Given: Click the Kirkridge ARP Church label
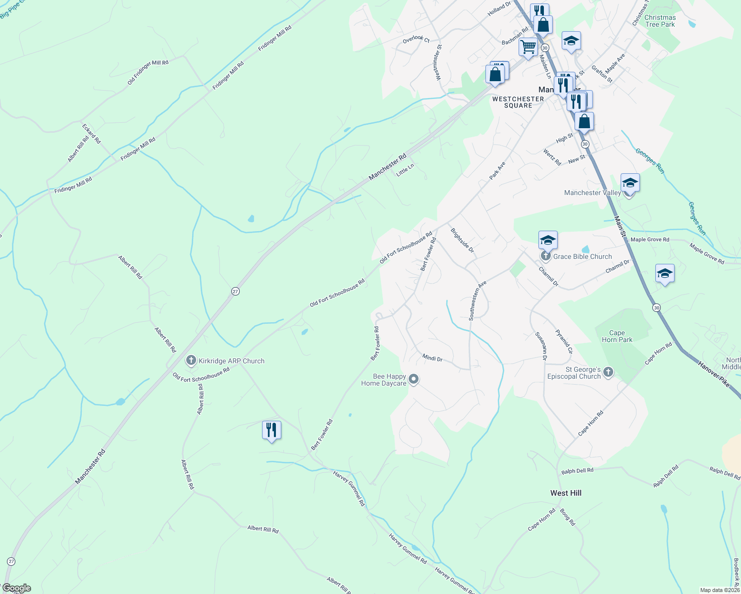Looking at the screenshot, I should (231, 361).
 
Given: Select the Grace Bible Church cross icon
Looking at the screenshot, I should (545, 256).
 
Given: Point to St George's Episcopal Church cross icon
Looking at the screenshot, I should (609, 372).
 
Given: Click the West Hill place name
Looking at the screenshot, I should (566, 493).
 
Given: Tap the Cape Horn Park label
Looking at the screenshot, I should (617, 337).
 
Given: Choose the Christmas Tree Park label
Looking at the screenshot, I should (660, 21).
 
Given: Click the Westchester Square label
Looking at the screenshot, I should (518, 102).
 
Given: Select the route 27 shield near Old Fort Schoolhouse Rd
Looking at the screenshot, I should (235, 292).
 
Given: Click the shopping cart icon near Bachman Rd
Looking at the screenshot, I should (529, 47).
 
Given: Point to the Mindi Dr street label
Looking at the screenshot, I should (432, 357).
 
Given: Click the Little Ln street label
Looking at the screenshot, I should (405, 169).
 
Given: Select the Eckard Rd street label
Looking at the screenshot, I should (91, 134).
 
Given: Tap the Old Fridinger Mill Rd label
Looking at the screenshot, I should (148, 72).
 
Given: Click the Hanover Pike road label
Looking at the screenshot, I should (714, 374).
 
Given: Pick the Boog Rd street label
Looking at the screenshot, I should (568, 517).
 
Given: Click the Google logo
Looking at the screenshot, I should (16, 588).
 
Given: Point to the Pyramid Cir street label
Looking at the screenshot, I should (564, 342).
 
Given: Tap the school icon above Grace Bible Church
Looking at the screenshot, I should (548, 240).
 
